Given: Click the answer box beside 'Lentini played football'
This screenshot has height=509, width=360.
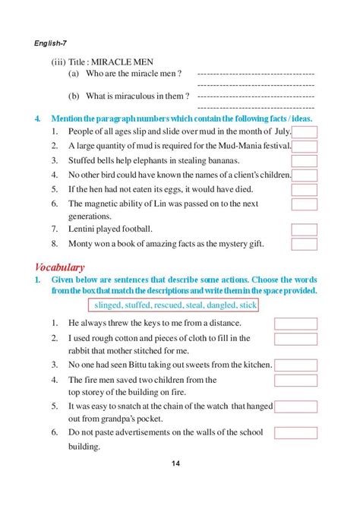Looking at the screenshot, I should (x=305, y=229).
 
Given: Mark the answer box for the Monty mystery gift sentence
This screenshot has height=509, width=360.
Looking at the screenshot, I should (x=305, y=244).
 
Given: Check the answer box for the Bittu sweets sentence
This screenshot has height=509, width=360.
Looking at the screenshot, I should (x=295, y=365).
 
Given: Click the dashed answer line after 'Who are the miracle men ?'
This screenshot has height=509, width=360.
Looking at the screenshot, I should (x=255, y=74).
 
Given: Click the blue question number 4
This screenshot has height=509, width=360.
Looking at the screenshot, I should (x=37, y=119).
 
